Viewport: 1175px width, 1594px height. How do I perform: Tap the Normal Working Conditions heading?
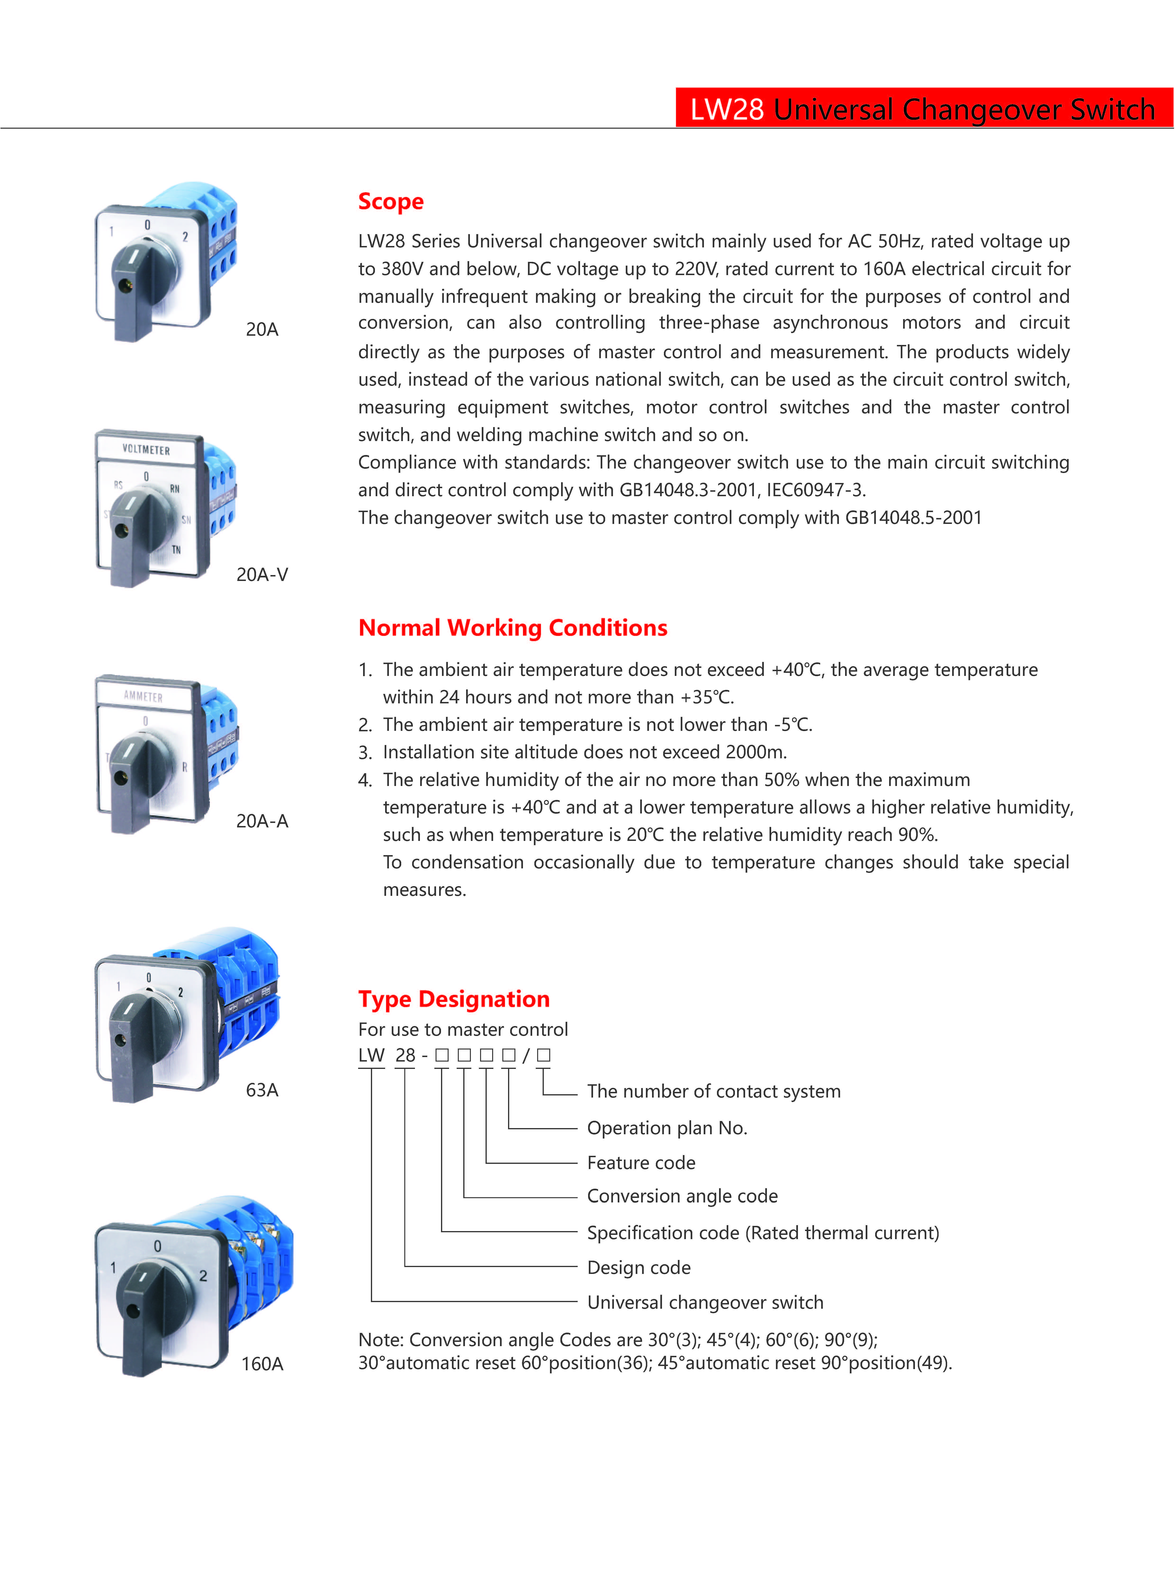click(512, 628)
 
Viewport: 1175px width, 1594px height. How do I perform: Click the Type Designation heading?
click(454, 999)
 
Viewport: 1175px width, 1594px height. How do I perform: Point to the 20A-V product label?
click(262, 575)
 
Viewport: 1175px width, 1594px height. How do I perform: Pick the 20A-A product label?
click(262, 821)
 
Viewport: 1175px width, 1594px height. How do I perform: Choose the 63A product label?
click(262, 1090)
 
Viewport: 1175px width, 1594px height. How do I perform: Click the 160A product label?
click(262, 1364)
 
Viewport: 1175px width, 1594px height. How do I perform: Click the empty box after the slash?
click(543, 1055)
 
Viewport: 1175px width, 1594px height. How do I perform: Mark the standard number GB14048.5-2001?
click(913, 518)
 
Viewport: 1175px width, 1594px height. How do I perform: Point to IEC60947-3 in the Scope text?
click(815, 490)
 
